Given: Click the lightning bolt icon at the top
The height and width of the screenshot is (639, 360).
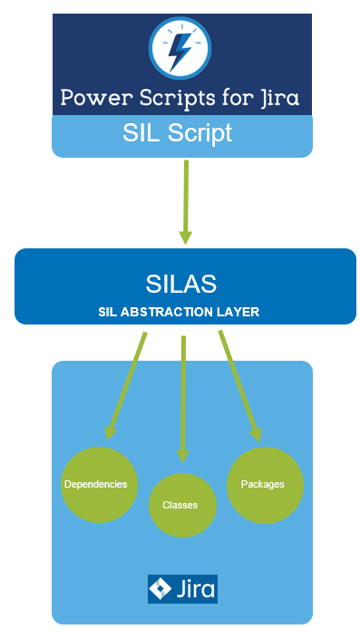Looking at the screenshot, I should click(180, 48).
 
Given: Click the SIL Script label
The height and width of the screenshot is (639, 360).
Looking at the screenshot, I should click(177, 133).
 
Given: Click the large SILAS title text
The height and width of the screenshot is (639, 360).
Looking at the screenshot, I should click(181, 283).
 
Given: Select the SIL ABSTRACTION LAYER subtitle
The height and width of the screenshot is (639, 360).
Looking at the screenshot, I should click(180, 311).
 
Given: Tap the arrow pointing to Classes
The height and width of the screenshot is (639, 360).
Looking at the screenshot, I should click(183, 399).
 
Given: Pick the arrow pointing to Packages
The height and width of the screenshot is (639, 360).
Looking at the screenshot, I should click(239, 385).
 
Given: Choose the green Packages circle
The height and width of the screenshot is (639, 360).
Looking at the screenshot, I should click(263, 484).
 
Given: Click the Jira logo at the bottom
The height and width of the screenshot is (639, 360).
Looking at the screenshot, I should click(182, 589).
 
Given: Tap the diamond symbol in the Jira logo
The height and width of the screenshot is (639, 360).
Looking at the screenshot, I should click(161, 589).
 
